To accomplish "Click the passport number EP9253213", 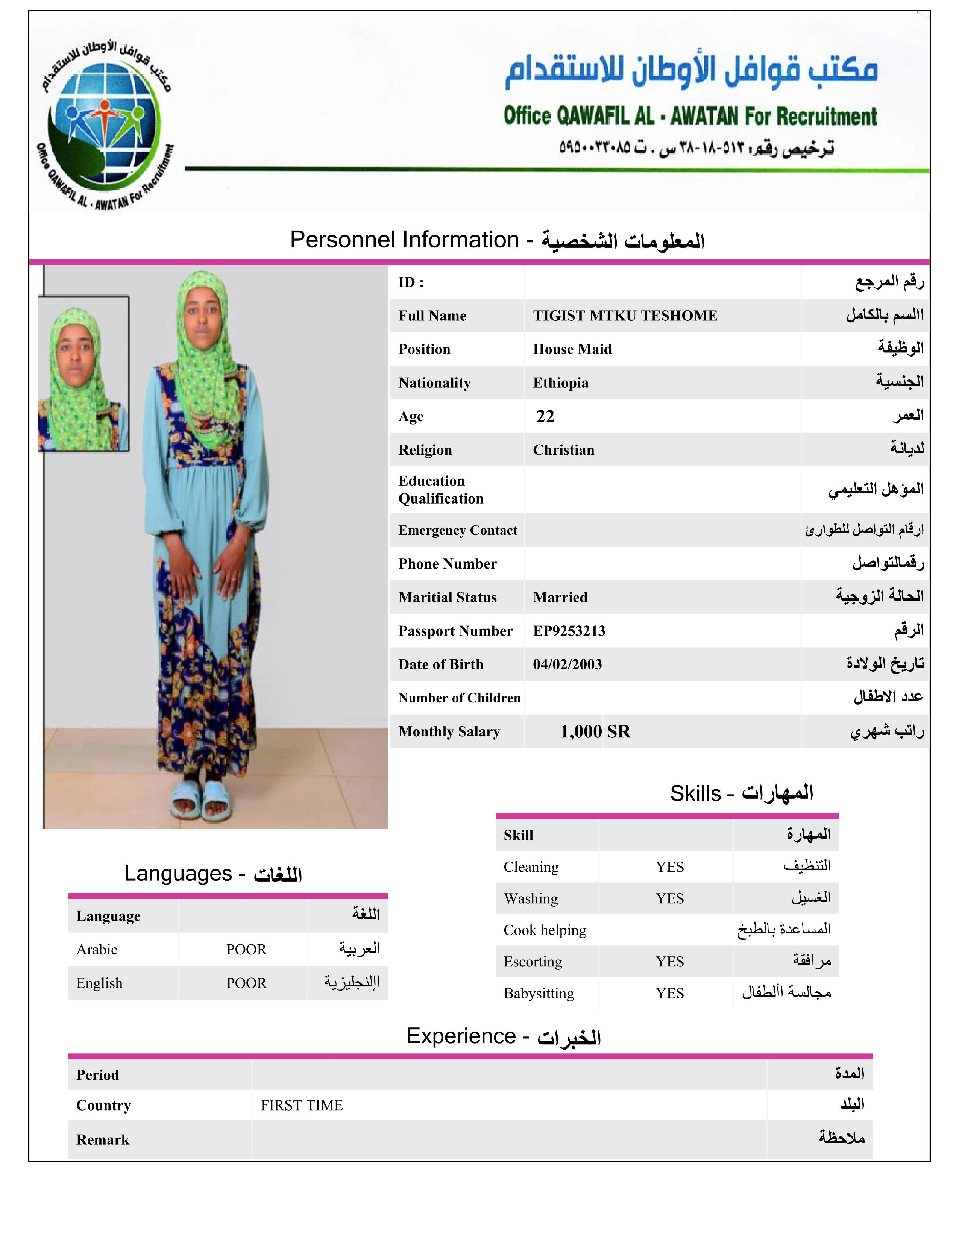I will pyautogui.click(x=569, y=631).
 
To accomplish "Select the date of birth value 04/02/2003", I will pyautogui.click(x=567, y=664).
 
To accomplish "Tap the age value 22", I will pyautogui.click(x=545, y=417).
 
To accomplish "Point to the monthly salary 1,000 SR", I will pyautogui.click(x=595, y=731).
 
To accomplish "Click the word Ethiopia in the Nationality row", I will pyautogui.click(x=560, y=383).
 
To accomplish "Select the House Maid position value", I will pyautogui.click(x=572, y=349).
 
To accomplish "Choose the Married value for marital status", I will pyautogui.click(x=560, y=597).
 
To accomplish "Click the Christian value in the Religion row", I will pyautogui.click(x=563, y=450).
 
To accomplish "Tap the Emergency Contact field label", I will pyautogui.click(x=457, y=530).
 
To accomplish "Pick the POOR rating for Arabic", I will pyautogui.click(x=246, y=950).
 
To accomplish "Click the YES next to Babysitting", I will pyautogui.click(x=669, y=993).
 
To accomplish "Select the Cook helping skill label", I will pyautogui.click(x=544, y=930).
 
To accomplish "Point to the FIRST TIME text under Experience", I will pyautogui.click(x=302, y=1105).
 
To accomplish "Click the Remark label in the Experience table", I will pyautogui.click(x=103, y=1140).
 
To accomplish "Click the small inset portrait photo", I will pyautogui.click(x=83, y=375).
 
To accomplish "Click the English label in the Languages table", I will pyautogui.click(x=99, y=983).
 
